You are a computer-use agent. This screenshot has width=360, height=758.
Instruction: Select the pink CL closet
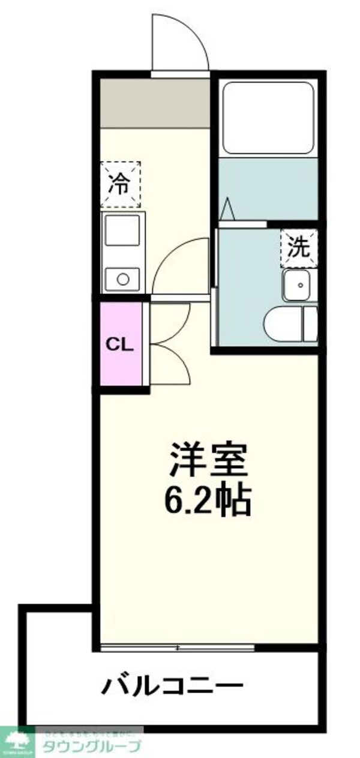[x=121, y=344]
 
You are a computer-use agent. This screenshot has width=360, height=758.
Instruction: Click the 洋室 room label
[x=208, y=462]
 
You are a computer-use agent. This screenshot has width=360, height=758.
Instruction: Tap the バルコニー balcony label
[x=172, y=685]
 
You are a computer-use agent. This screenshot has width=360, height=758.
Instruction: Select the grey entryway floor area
[x=154, y=102]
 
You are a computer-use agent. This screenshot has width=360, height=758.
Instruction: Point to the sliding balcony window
[x=178, y=648]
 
